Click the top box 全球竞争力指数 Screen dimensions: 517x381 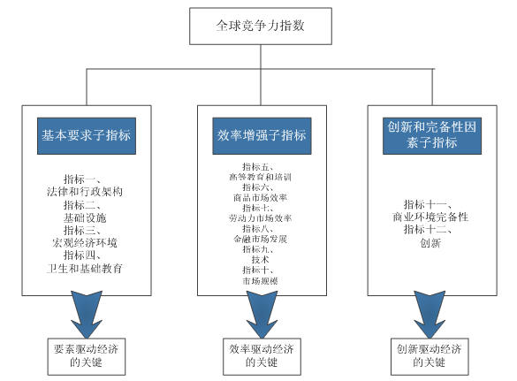coord(261,26)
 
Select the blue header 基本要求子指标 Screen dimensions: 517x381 coord(87,135)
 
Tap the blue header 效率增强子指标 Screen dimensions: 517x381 coord(262,135)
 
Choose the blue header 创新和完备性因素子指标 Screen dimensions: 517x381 coord(432,135)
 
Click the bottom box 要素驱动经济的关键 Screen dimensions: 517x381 coord(87,356)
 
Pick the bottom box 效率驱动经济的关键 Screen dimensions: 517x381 coord(262,356)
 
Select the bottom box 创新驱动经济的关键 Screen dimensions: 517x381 coord(430,356)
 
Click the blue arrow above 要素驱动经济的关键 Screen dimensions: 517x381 coord(87,315)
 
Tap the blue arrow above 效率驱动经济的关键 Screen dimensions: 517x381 coord(262,315)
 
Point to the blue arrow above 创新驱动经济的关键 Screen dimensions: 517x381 coord(430,315)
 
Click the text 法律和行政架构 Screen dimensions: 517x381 coord(85,192)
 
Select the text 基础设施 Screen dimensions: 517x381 coord(85,217)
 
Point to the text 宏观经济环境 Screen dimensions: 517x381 coord(85,243)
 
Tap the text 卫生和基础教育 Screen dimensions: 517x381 coord(85,268)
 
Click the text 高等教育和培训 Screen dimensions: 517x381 coord(260,177)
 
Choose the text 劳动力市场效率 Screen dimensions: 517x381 coord(260,218)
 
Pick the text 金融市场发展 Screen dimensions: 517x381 coord(260,239)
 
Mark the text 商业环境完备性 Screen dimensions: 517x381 coord(430,217)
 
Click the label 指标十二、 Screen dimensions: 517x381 coord(428,229)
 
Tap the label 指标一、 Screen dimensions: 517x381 coord(82,179)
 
